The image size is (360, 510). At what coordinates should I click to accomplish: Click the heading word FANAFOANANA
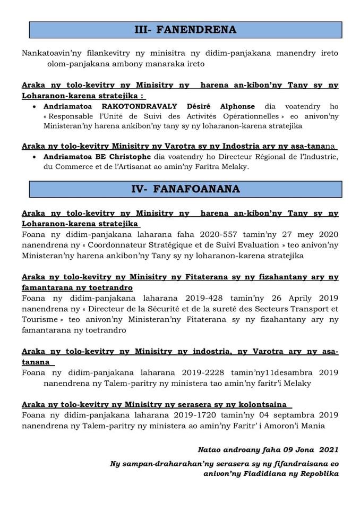(x=199, y=189)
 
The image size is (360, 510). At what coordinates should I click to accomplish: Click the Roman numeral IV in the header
(x=139, y=189)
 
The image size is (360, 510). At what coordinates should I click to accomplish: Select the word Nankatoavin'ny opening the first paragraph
(x=49, y=54)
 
